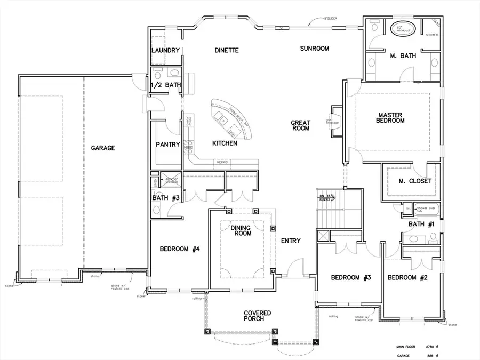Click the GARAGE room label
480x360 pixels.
tap(102, 148)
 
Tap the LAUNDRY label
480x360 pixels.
tap(165, 51)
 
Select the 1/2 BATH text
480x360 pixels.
tap(166, 85)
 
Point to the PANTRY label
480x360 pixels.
tap(167, 145)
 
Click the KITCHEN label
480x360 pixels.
tap(225, 143)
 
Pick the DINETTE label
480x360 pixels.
tap(226, 51)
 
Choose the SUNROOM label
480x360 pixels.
tap(314, 49)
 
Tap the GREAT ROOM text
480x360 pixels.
tap(300, 125)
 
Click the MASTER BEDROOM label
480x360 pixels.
tap(391, 117)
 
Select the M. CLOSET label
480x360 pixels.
tap(415, 181)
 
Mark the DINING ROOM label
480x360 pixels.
tap(241, 231)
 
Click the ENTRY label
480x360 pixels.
tap(291, 241)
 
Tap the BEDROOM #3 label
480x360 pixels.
tap(350, 277)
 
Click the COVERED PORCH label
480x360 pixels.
tap(258, 316)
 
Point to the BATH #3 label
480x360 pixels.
tap(166, 198)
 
